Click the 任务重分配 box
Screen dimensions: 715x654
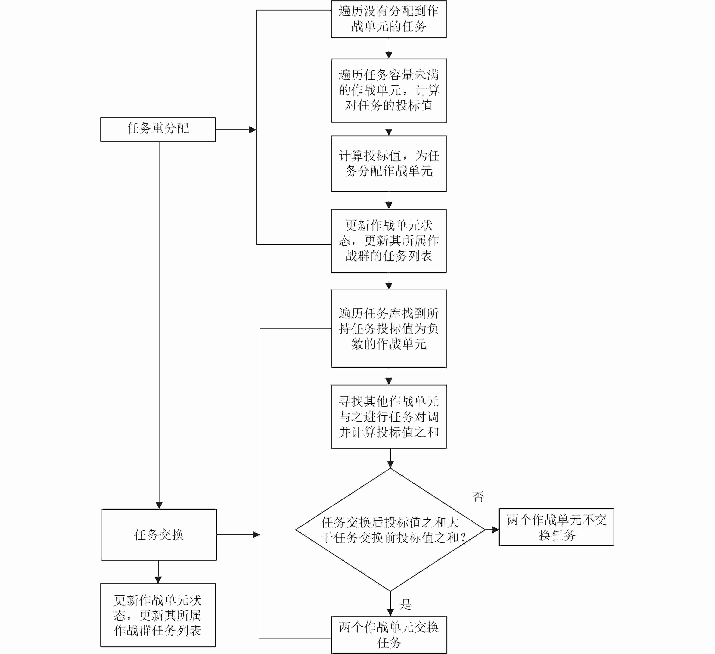click(158, 129)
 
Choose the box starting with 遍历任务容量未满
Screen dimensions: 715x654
click(389, 90)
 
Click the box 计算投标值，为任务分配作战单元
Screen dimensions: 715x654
click(389, 163)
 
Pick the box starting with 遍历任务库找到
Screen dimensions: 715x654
click(389, 329)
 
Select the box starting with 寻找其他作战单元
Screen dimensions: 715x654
click(389, 416)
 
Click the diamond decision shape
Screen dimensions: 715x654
click(390, 530)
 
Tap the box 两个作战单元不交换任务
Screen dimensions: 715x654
click(556, 527)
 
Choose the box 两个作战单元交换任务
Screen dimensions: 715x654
click(389, 635)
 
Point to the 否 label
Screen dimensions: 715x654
click(478, 496)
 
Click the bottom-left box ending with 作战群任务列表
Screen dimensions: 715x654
click(158, 615)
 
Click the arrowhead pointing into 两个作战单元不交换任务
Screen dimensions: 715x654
click(495, 530)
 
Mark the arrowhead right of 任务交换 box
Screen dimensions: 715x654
click(256, 534)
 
